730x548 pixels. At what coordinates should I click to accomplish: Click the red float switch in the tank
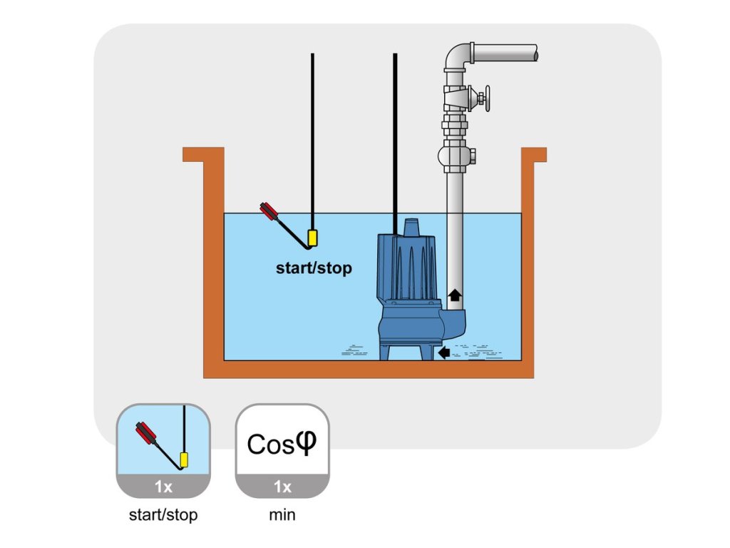[269, 212]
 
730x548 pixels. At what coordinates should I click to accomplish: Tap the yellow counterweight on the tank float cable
[312, 238]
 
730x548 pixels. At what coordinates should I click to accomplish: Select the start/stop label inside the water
[314, 269]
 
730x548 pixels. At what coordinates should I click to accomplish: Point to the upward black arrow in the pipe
[454, 293]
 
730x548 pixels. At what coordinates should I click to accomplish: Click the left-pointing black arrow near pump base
[444, 352]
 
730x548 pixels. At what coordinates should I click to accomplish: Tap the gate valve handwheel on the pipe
[488, 98]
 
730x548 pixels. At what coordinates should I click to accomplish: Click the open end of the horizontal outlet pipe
[534, 53]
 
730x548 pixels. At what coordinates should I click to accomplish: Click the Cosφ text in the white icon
[280, 444]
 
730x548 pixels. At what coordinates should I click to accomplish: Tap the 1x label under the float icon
[163, 487]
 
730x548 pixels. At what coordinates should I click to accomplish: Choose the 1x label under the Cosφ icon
[283, 487]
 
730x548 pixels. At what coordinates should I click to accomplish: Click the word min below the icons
[282, 514]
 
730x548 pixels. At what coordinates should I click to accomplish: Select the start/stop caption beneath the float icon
[163, 514]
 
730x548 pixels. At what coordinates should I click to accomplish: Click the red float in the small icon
[147, 433]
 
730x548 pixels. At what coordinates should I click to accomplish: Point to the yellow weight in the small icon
[185, 460]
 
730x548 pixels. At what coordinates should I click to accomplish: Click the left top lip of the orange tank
[203, 153]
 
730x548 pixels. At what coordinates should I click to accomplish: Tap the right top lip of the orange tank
[534, 153]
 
